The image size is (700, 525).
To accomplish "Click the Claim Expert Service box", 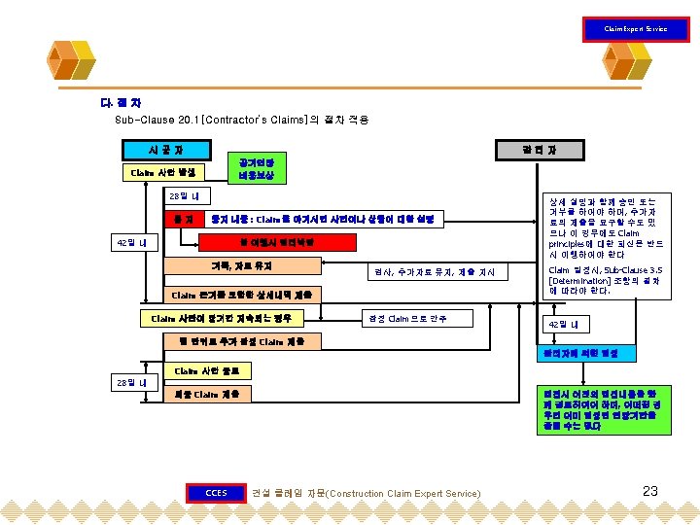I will tap(635, 28).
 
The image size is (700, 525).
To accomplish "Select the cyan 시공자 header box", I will tap(165, 150).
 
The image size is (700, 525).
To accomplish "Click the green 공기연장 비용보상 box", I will tap(256, 169).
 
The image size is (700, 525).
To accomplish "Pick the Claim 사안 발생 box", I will tap(161, 173).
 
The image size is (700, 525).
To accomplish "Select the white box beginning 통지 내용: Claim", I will tap(327, 220).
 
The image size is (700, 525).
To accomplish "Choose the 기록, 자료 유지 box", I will tap(242, 265).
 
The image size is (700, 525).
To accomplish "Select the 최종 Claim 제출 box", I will tap(208, 395).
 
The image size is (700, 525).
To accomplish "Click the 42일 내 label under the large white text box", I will tap(562, 324).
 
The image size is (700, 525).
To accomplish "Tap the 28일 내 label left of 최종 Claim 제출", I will tap(131, 383).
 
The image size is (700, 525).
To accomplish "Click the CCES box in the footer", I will tap(215, 492).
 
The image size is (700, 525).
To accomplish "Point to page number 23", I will tap(650, 492).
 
